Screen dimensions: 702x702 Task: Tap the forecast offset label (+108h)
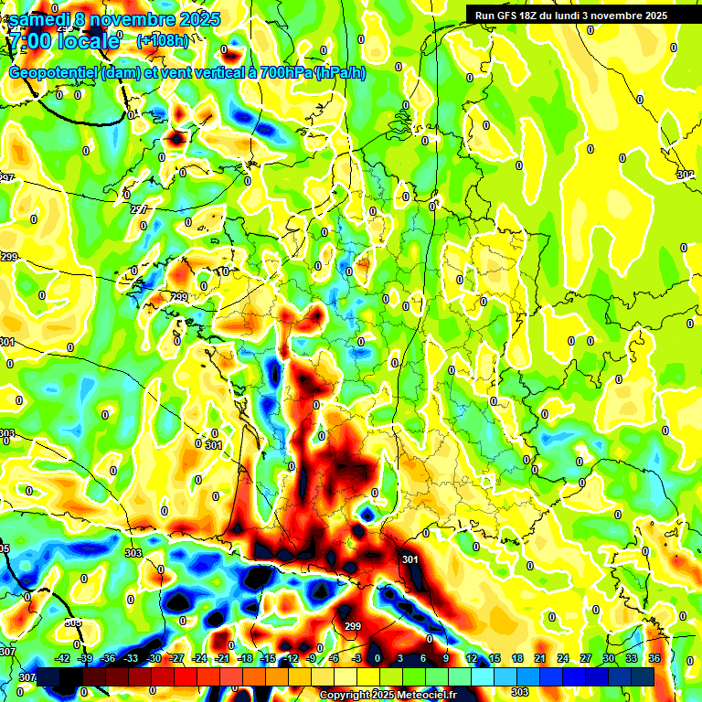(163, 40)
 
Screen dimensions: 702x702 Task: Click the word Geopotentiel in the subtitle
(53, 72)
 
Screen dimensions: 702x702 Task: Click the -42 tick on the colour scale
(63, 658)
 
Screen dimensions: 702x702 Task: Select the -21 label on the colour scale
(221, 658)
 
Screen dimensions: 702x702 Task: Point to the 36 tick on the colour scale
(654, 658)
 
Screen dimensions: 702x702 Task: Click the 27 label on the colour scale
(586, 658)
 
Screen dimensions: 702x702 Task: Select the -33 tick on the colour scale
(131, 658)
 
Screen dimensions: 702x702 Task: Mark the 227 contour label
(139, 209)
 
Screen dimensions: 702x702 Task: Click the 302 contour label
(685, 174)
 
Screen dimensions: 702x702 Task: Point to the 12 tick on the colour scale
(472, 658)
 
